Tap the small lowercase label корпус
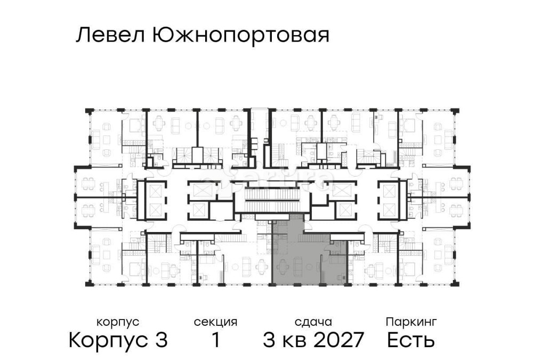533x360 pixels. pos(118,322)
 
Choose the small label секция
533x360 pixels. pos(215,322)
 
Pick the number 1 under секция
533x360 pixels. pos(215,340)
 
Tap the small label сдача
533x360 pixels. pos(313,322)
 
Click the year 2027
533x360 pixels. pos(339,340)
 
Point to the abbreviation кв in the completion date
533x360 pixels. pos(295,340)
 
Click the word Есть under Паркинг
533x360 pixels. pos(411,340)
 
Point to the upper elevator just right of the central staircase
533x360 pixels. pos(341,190)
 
